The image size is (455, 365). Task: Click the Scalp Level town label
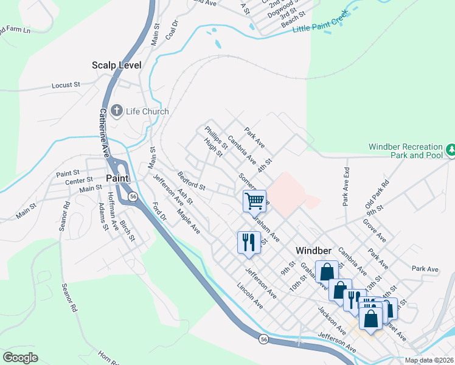tap(116, 65)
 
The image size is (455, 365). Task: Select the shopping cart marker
tap(254, 200)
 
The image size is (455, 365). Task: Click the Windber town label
tap(313, 250)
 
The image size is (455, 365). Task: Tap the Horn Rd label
tap(109, 356)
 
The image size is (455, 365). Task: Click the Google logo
tap(20, 358)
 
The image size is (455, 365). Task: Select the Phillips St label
tap(216, 137)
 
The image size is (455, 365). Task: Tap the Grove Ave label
tap(374, 230)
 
